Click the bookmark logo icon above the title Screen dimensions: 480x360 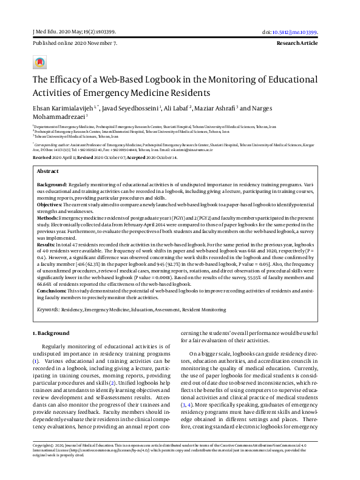39,63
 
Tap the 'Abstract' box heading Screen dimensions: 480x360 49,172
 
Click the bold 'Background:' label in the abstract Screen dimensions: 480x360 52,183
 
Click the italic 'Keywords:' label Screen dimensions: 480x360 48,309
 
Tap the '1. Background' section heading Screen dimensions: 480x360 50,334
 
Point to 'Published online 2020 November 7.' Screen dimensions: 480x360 75,44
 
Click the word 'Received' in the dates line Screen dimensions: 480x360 45,156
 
